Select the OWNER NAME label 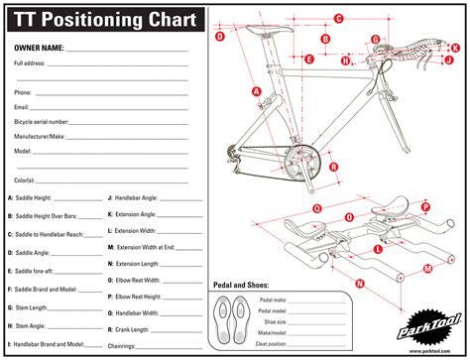click(39, 48)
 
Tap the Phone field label click(23, 92)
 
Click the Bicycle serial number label click(42, 121)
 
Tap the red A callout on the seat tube click(257, 90)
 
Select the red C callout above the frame click(338, 18)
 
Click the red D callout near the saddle click(220, 37)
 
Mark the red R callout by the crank click(334, 167)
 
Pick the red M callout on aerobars click(426, 268)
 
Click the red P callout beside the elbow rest click(425, 206)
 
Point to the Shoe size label click(275, 321)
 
